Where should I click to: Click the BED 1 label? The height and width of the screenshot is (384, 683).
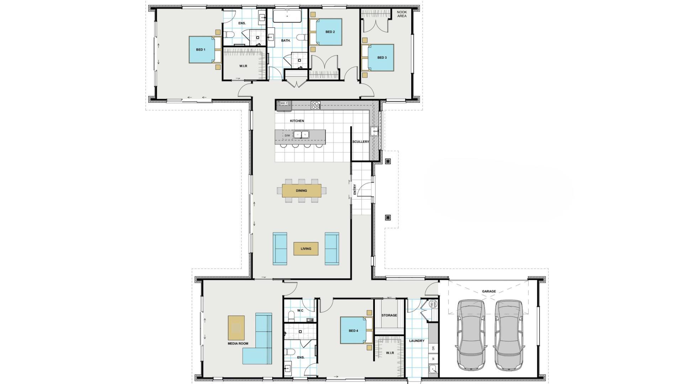point(201,49)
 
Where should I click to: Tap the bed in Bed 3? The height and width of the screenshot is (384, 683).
point(380,58)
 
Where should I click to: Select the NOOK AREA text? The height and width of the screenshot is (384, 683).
point(402,14)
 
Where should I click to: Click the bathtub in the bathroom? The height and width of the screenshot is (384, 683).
point(287,16)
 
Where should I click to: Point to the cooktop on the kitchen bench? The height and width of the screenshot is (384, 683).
point(316,105)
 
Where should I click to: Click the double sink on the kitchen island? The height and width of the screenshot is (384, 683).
point(301,134)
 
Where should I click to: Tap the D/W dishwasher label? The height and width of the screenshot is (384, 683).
point(287,135)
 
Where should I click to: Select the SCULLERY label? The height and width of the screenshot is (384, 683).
point(361,142)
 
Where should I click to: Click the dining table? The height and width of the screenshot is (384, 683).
point(302,191)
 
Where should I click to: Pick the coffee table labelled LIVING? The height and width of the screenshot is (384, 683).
point(306,249)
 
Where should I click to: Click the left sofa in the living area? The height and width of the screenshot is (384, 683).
point(280,249)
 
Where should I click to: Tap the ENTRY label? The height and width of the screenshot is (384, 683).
point(355,189)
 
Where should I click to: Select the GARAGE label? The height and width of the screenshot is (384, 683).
point(489,291)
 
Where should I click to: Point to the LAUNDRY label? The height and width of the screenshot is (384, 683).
point(417,341)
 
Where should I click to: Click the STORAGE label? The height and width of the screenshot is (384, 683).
point(389,315)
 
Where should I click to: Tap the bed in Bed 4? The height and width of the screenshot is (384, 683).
point(354,330)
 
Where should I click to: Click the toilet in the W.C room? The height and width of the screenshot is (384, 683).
point(291,315)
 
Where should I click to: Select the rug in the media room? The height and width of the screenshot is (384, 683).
point(236,327)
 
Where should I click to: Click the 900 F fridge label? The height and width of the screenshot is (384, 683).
point(284,103)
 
